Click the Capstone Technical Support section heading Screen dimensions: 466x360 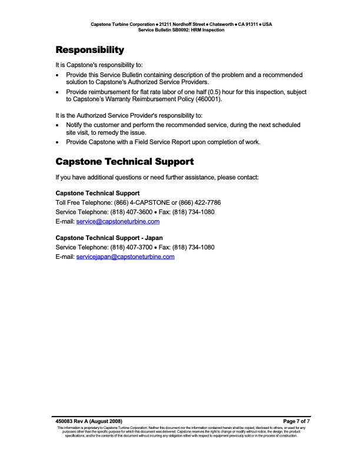point(124,161)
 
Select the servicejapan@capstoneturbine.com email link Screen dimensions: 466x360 point(125,257)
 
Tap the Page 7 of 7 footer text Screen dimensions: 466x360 point(296,421)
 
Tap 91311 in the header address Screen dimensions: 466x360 point(247,24)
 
